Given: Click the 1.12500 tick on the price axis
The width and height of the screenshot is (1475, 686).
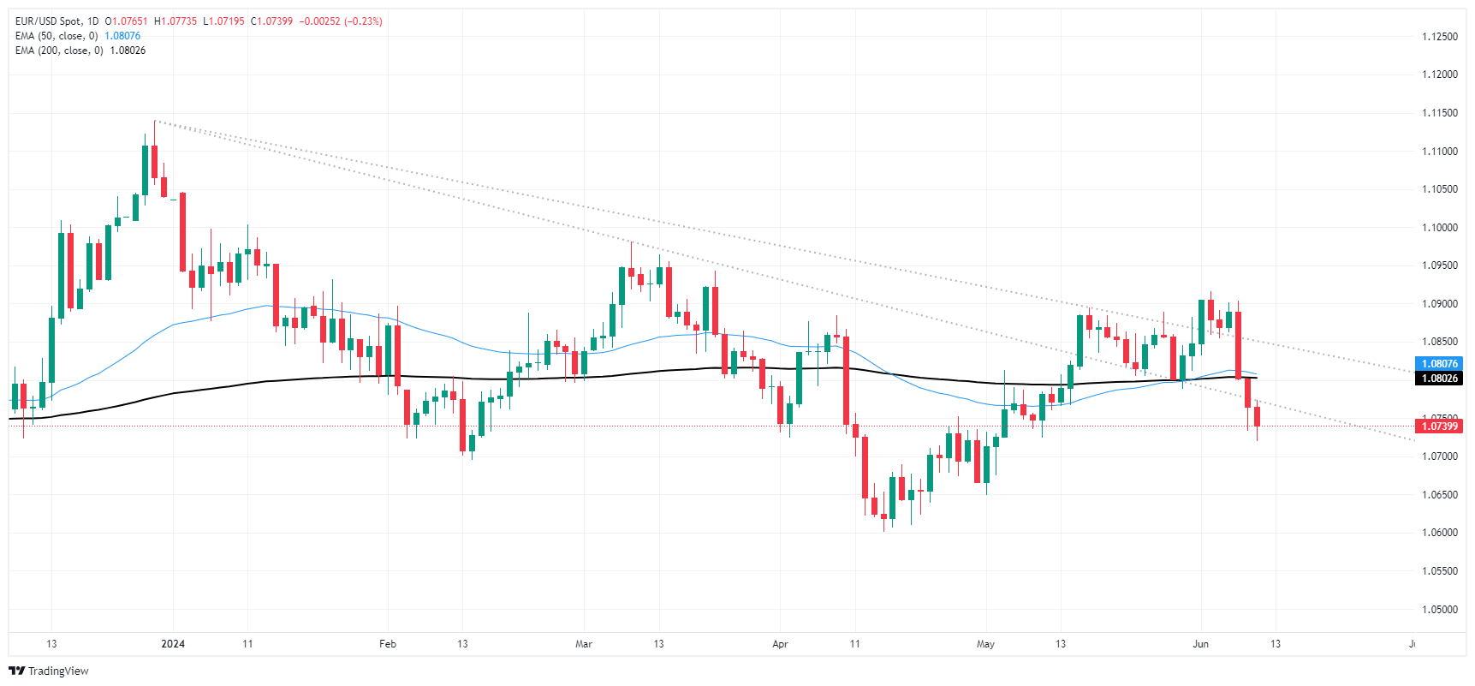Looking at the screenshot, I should click(1439, 37).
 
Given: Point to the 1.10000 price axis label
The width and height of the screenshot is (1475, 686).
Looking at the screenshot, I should click(1439, 228).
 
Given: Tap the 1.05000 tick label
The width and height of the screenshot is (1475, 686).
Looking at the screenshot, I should click(1439, 610).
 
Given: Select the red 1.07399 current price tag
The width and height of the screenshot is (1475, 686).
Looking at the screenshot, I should click(1439, 427).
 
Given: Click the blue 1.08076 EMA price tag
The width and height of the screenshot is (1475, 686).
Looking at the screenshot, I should click(1439, 364).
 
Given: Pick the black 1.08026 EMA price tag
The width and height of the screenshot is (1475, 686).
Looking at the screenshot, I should click(1439, 379).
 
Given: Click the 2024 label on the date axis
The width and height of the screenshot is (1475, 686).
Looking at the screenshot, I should click(173, 644).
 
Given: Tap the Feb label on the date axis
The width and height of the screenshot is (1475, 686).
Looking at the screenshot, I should click(388, 644).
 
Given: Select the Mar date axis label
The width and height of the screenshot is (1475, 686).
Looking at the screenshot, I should click(584, 644).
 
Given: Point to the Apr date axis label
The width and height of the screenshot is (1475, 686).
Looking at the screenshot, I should click(780, 644).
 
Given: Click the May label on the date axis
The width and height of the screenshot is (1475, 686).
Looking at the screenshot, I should click(985, 644).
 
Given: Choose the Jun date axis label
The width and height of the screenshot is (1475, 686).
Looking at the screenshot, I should click(1200, 644).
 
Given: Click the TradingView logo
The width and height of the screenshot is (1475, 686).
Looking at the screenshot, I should click(49, 671).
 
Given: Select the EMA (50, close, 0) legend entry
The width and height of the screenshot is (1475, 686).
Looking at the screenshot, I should click(57, 36).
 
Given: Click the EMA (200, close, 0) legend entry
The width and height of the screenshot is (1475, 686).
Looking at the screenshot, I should click(59, 51).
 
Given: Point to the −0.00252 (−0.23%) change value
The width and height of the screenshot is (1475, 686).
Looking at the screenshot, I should click(341, 21).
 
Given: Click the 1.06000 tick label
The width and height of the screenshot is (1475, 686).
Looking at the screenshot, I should click(1439, 533).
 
